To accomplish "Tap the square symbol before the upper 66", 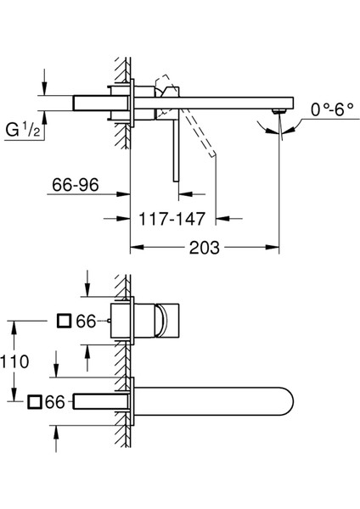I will [x=64, y=321].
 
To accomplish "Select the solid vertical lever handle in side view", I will [x=175, y=144].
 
